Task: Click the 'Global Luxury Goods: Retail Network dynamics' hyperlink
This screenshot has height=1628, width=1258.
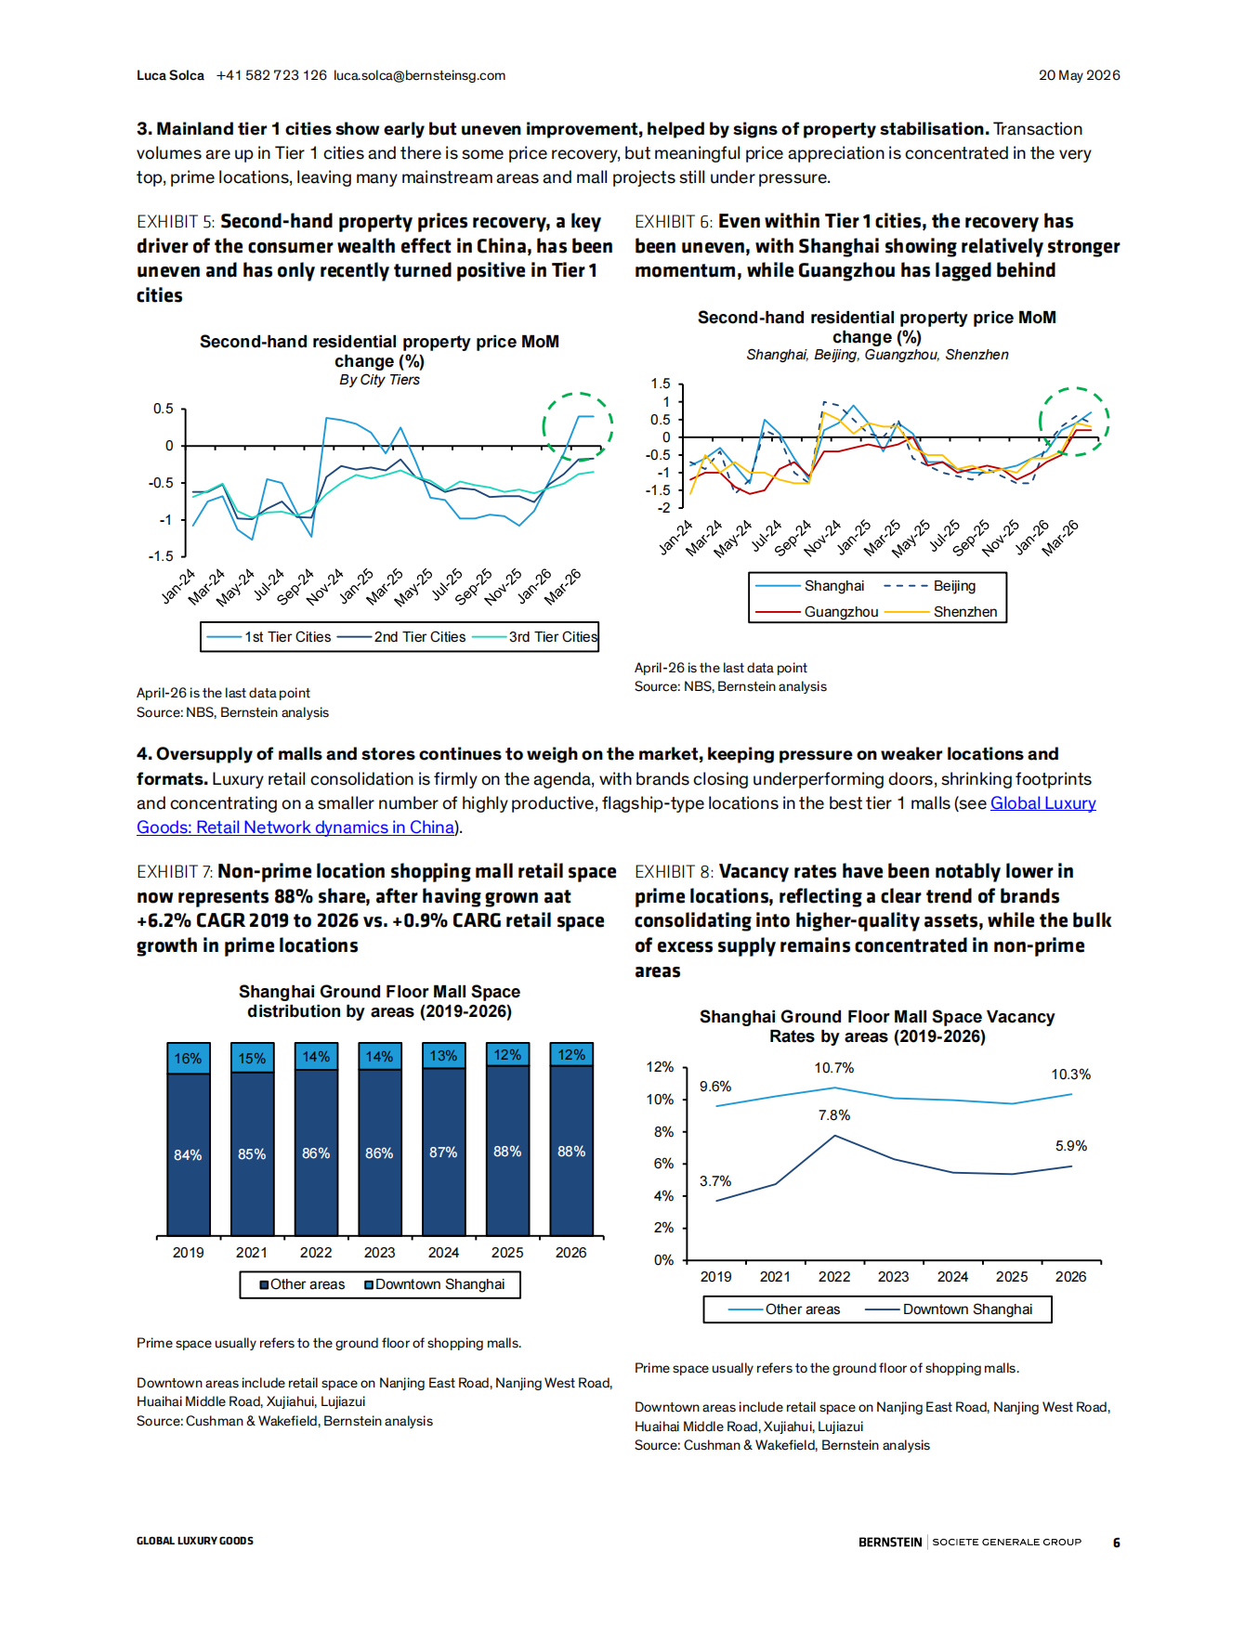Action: point(1042,803)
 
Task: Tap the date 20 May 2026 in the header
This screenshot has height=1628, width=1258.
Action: point(1079,75)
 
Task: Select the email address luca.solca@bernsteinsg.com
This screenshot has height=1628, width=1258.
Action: point(419,75)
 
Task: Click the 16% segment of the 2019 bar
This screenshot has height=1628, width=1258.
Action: point(188,1058)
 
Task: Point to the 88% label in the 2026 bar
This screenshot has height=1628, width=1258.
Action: point(571,1152)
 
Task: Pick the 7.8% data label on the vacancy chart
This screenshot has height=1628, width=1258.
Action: point(834,1115)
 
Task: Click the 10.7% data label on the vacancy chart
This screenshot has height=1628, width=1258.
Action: point(834,1068)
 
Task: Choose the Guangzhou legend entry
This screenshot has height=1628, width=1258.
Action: point(817,612)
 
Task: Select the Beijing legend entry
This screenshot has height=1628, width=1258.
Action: point(929,586)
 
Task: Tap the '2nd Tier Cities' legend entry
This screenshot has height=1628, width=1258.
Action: point(401,637)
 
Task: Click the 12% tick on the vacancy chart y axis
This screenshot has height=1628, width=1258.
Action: point(660,1067)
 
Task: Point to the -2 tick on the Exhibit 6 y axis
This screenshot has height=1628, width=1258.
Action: point(663,508)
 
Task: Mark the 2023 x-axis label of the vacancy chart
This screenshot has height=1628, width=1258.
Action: point(894,1277)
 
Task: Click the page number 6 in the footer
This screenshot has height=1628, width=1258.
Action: point(1117,1543)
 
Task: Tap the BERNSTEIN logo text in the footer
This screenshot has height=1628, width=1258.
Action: point(890,1543)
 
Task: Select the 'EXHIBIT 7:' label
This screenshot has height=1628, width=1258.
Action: point(175,872)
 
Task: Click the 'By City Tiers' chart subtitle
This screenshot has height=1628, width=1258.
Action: point(379,380)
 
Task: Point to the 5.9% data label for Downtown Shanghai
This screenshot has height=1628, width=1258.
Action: point(1071,1146)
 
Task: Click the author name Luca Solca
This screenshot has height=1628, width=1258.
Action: point(170,75)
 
